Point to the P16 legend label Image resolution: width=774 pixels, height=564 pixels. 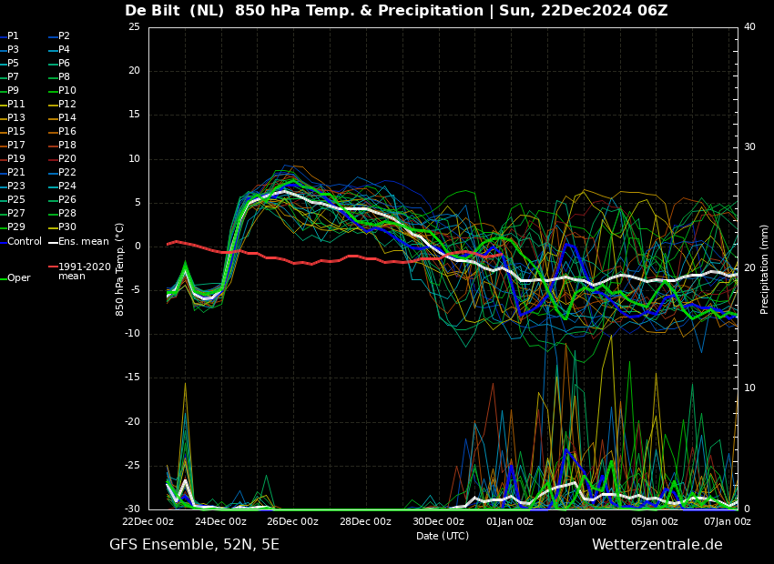click(67, 131)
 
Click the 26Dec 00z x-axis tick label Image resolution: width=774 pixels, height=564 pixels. click(293, 521)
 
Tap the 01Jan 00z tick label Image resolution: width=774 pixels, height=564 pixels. click(511, 521)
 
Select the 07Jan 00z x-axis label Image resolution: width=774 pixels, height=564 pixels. click(728, 521)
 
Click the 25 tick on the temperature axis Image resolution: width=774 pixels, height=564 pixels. click(134, 26)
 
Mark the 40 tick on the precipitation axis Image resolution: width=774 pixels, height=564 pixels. click(749, 26)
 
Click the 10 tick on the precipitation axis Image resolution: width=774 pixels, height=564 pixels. click(749, 388)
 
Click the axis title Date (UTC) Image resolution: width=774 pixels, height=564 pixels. click(443, 536)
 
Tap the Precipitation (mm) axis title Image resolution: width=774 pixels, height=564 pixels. click(764, 267)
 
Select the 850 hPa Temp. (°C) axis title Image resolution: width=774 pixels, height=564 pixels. click(120, 269)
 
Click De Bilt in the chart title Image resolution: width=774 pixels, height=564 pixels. click(152, 10)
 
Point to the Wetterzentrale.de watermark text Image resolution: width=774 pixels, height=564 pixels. click(657, 545)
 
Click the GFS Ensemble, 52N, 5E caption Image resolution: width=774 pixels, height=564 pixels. click(195, 545)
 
